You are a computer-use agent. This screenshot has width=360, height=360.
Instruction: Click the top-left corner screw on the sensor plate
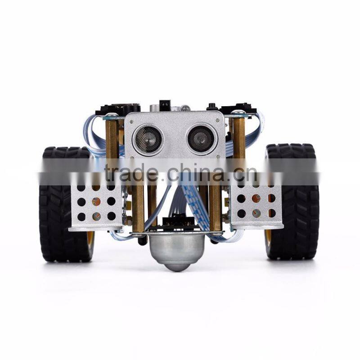tap(130, 118)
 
